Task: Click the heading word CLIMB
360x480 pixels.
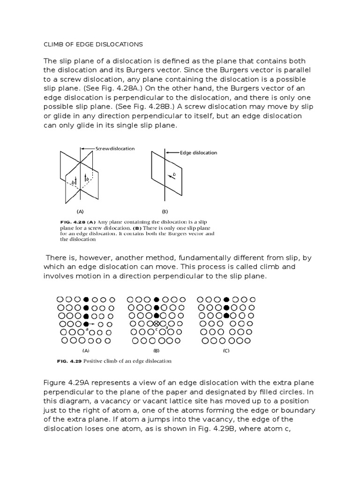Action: click(54, 45)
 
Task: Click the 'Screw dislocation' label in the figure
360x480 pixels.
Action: click(115, 149)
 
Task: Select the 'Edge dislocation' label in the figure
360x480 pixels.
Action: click(199, 152)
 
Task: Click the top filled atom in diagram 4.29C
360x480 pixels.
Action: click(226, 299)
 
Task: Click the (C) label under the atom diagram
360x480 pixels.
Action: click(226, 351)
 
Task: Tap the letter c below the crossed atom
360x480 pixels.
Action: click(157, 330)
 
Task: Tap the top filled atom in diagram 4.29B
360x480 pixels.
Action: click(157, 299)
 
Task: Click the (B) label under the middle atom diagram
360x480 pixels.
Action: click(157, 351)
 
